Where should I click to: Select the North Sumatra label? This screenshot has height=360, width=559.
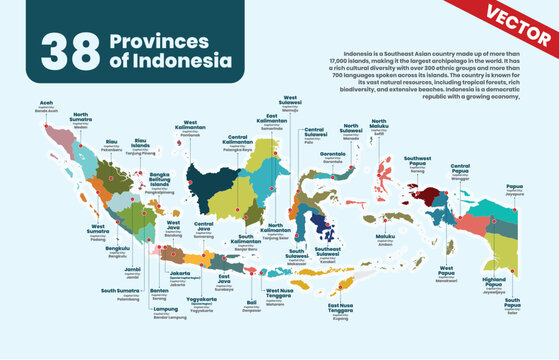(81, 118)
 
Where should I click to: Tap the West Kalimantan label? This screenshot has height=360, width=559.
(207, 125)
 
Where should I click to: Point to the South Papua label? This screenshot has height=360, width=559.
(512, 303)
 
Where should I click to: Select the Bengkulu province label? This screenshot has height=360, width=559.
(117, 248)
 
